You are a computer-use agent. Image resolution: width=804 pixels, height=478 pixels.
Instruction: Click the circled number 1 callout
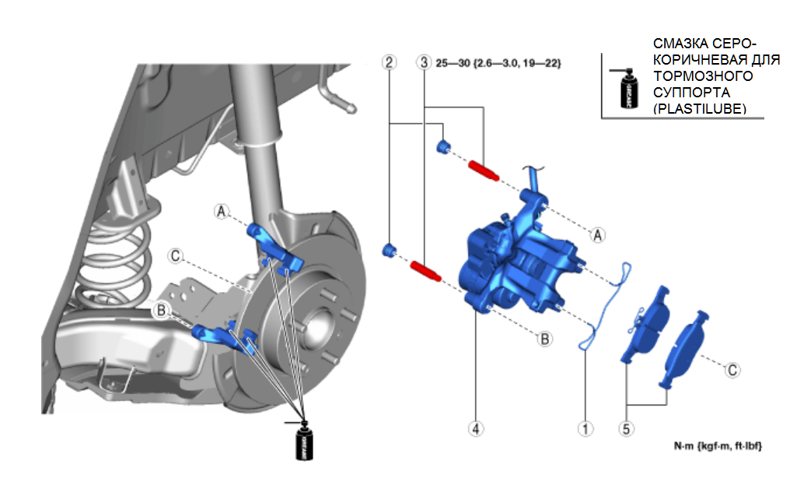click(585, 428)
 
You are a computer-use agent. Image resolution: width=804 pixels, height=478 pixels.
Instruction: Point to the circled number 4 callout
click(476, 428)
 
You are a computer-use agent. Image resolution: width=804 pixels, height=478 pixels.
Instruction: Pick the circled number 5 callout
click(627, 428)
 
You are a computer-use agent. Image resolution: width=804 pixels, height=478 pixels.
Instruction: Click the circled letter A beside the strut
click(222, 211)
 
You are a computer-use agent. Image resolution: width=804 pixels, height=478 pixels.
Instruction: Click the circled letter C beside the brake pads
click(732, 370)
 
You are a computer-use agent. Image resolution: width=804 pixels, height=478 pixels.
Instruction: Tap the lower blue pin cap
click(390, 250)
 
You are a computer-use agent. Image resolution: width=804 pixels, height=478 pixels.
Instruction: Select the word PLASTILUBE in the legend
click(700, 110)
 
